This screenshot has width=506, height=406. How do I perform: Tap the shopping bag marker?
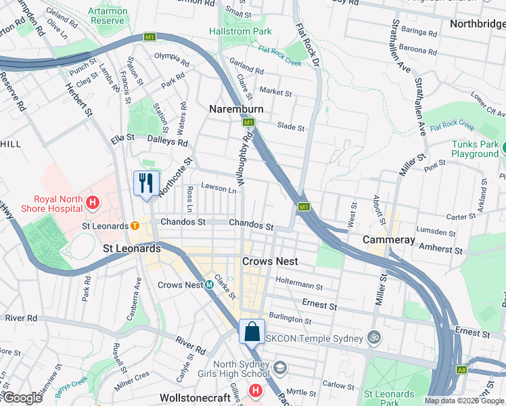pos(252,332)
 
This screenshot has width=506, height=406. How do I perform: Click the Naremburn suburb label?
pos(235,109)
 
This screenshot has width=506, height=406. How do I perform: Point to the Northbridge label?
pos(477,24)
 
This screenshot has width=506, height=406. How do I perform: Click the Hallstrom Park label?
pos(240,31)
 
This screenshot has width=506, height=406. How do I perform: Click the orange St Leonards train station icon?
pos(135,225)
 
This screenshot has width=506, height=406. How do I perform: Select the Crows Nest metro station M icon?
pos(210,285)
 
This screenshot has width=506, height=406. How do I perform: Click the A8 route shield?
pos(461,369)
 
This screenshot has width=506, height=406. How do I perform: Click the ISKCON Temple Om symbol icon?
pos(372,336)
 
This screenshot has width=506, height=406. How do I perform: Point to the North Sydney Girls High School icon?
pos(279,367)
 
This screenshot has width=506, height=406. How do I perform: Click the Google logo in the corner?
pos(22,398)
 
